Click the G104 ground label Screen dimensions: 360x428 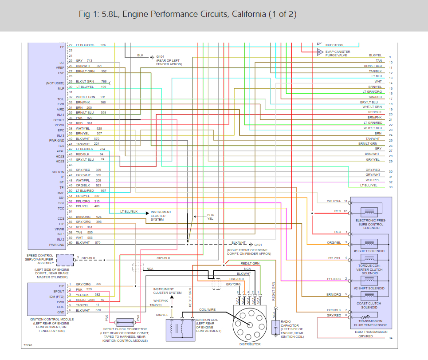click(x=160, y=57)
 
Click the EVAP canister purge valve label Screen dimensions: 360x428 click(x=338, y=54)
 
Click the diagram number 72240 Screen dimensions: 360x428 click(x=29, y=344)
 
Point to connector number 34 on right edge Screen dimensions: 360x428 click(x=390, y=339)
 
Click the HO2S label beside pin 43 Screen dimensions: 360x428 click(x=60, y=156)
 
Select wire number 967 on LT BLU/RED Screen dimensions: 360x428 click(x=103, y=190)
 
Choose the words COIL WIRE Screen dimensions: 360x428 click(x=207, y=310)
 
